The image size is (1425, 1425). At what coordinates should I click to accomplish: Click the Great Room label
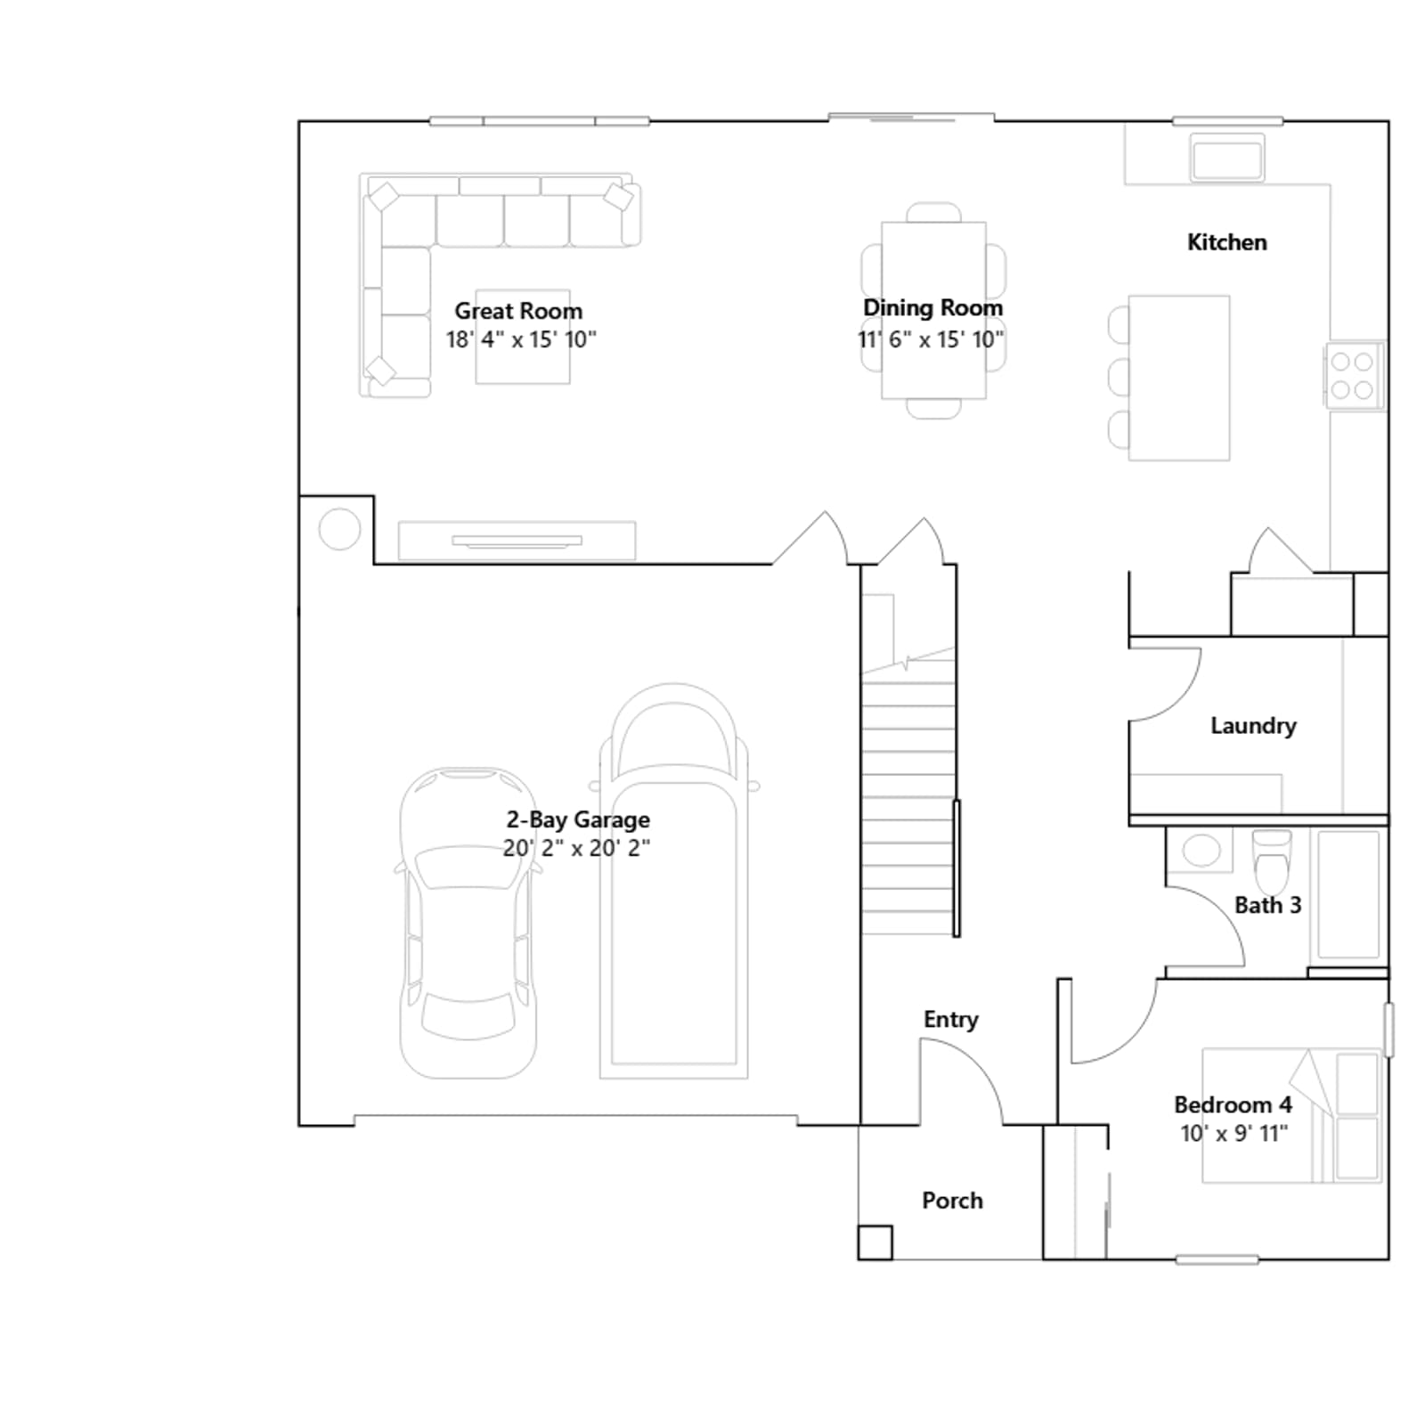point(518,311)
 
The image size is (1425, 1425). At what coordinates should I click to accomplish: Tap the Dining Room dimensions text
point(931,339)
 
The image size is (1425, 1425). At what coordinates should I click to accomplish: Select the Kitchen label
point(1226,242)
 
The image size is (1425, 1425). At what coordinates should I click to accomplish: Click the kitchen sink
point(1228,158)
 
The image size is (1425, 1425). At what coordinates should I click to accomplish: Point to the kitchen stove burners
point(1352,375)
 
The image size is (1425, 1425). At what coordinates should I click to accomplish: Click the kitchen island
point(1179,378)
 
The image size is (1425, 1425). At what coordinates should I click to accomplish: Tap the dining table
point(933,310)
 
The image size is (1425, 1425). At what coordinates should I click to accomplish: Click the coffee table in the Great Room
point(523,337)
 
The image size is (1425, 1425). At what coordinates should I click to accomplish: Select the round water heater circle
point(339,529)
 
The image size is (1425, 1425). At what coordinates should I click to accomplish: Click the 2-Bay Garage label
point(578,819)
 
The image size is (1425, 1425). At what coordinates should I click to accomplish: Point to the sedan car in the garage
point(468,923)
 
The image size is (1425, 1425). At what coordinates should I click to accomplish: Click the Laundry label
point(1253,726)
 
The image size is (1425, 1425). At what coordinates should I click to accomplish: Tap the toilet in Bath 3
point(1272,860)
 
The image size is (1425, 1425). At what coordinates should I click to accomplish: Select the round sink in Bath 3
point(1201,850)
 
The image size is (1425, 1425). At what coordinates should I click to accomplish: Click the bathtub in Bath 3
point(1348,894)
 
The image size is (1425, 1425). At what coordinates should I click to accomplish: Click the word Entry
point(950,1020)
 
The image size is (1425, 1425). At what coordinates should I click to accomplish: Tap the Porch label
point(952,1201)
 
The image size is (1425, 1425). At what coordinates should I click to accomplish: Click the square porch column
point(875,1242)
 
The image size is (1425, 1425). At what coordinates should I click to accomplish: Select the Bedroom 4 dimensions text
point(1234,1134)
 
